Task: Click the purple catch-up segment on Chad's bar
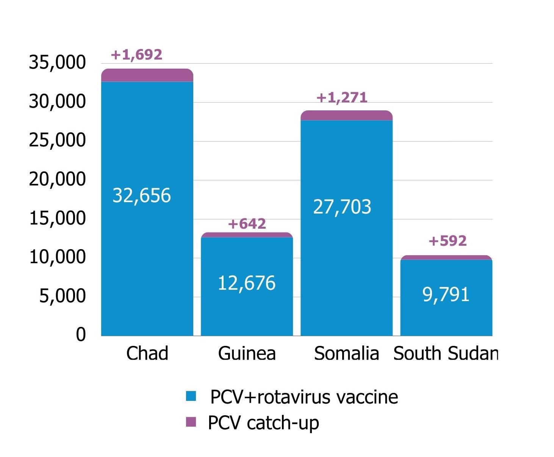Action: pyautogui.click(x=147, y=75)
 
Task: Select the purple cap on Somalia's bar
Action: pyautogui.click(x=346, y=115)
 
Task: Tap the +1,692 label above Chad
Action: pyautogui.click(x=136, y=55)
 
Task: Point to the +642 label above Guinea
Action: pyautogui.click(x=247, y=224)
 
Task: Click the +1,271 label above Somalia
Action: pyautogui.click(x=342, y=98)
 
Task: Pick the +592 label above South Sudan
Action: pyautogui.click(x=447, y=241)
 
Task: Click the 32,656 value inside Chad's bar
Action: pyautogui.click(x=142, y=196)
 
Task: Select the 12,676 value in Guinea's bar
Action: pyautogui.click(x=246, y=283)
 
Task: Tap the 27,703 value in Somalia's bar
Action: pyautogui.click(x=342, y=207)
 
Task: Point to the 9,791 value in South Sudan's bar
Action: pyautogui.click(x=446, y=295)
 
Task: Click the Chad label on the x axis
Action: pyautogui.click(x=147, y=353)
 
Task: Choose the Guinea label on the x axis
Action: pyautogui.click(x=247, y=353)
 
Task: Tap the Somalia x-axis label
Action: pyautogui.click(x=346, y=353)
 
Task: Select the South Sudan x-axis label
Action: pyautogui.click(x=446, y=353)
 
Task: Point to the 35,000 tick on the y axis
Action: pyautogui.click(x=58, y=63)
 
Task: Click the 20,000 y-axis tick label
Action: pyautogui.click(x=58, y=179)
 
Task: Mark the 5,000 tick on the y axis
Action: pyautogui.click(x=63, y=296)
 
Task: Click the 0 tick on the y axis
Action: pyautogui.click(x=81, y=335)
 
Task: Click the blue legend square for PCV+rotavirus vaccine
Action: pyautogui.click(x=191, y=396)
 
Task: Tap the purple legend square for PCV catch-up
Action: pyautogui.click(x=191, y=422)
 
